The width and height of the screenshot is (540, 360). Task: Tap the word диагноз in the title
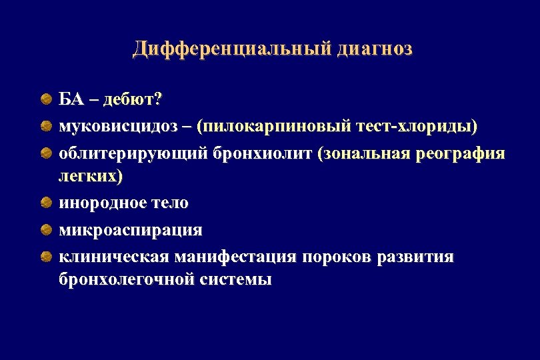(x=375, y=49)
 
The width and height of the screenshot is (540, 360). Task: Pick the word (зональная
(x=364, y=154)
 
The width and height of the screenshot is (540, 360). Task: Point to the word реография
(x=460, y=154)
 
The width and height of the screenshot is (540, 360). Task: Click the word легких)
(x=91, y=177)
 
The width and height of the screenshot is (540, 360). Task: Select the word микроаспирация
(x=131, y=230)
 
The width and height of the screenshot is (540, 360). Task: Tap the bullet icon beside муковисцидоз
(x=45, y=126)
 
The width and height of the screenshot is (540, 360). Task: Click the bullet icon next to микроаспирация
(x=45, y=230)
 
